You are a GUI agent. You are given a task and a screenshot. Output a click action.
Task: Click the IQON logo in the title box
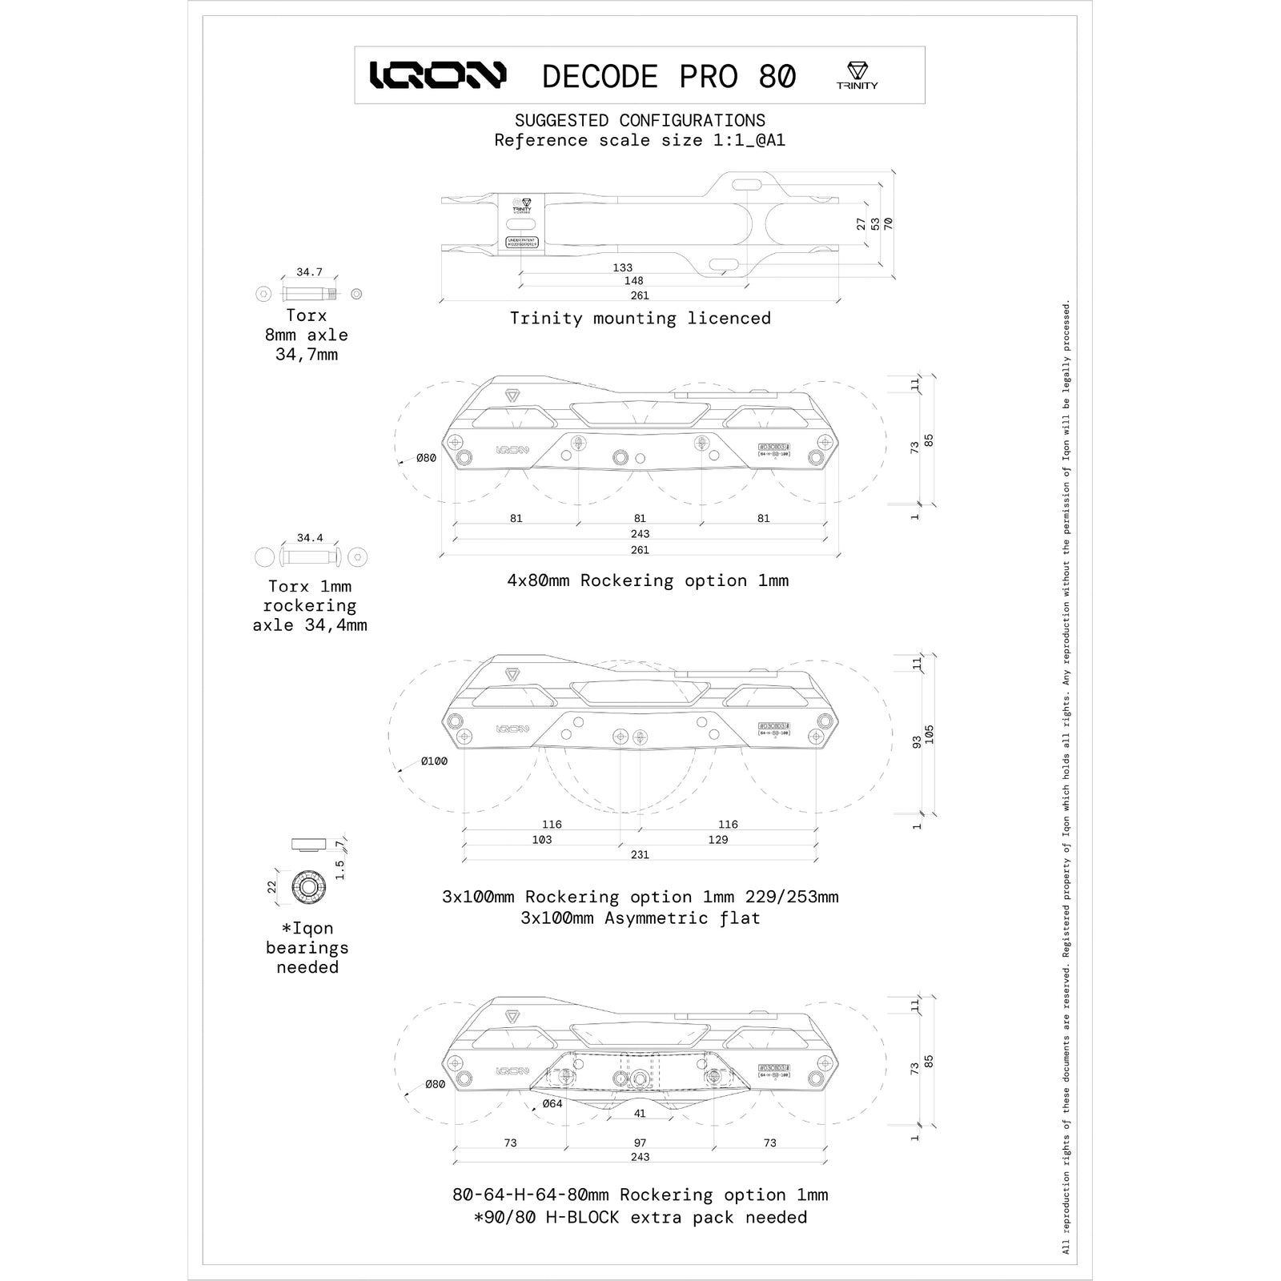pos(438,75)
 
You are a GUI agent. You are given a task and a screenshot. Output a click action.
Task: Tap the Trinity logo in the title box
pos(857,75)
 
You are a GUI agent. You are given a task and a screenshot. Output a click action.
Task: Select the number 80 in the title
pos(777,77)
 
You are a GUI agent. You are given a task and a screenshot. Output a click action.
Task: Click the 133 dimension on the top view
pos(622,268)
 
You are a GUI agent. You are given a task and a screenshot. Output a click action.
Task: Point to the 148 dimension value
pos(633,281)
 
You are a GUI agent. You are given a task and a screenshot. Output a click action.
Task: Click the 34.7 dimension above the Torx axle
pos(309,272)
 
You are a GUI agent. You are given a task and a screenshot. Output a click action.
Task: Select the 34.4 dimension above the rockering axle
pos(310,538)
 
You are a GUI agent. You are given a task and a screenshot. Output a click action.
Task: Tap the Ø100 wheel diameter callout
pos(434,761)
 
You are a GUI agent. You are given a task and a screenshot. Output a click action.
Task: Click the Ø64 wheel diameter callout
pos(552,1103)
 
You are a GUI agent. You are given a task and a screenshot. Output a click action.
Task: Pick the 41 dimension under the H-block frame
pos(640,1114)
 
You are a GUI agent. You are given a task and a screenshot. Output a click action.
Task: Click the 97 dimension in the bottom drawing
pos(640,1142)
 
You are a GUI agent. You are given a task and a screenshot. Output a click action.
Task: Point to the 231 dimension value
pos(640,854)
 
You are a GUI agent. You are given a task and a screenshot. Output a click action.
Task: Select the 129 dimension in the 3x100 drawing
pos(718,839)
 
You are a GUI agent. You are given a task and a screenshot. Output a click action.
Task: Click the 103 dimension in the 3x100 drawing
pos(542,839)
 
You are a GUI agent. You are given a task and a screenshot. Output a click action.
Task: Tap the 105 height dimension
pos(930,734)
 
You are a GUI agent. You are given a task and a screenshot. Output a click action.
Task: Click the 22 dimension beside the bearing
pos(272,887)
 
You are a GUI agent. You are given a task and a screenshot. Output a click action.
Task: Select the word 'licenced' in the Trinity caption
pos(729,318)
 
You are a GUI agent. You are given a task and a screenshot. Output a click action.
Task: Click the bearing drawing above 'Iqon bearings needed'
pos(307,886)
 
